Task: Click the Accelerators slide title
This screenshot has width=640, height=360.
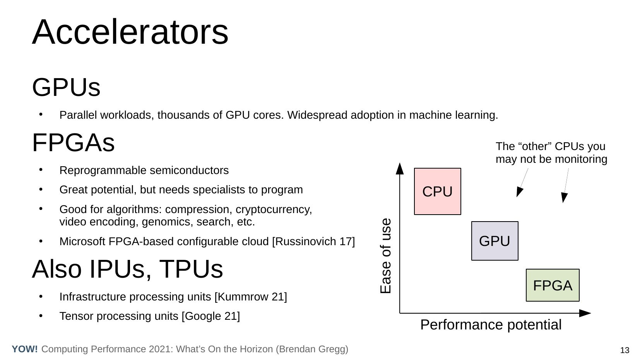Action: point(130,32)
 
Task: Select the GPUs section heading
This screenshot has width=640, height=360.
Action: point(66,87)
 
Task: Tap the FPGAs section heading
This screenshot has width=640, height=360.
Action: point(74,142)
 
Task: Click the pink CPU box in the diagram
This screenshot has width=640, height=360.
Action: point(437,191)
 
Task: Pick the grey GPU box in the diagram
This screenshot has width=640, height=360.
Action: point(495,241)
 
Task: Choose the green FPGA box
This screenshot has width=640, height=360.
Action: point(553,285)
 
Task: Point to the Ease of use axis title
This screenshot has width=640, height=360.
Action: point(385,256)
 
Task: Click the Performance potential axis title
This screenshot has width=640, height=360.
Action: point(491,324)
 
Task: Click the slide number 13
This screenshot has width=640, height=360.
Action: point(625,350)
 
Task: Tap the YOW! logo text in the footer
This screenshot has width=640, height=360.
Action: point(25,349)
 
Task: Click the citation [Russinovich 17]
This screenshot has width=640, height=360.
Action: point(313,242)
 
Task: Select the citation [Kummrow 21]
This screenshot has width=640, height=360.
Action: point(251,297)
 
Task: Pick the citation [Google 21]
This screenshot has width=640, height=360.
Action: point(210,316)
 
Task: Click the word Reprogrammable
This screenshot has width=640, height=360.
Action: point(103,171)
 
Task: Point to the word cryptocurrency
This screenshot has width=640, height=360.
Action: point(274,210)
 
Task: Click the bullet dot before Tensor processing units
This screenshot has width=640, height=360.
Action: point(41,316)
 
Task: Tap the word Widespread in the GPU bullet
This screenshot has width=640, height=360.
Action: point(317,115)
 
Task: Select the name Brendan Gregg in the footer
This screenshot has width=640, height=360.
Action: point(312,349)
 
